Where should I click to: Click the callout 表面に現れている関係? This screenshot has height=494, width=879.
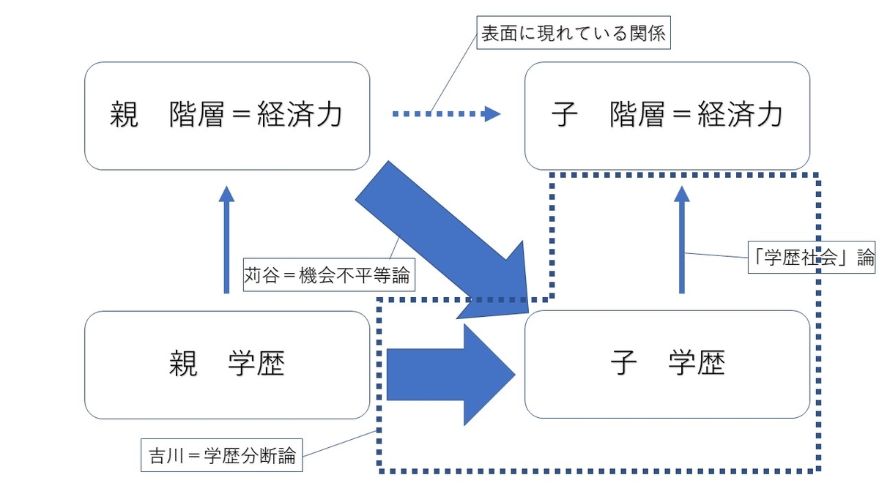pos(574,34)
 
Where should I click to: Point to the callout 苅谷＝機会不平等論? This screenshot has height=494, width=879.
pos(329,277)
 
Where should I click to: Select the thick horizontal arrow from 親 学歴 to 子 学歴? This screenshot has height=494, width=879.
pos(447,374)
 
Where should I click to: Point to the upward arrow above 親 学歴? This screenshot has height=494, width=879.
pos(226,240)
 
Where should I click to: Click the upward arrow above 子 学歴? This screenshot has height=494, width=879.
pos(682,240)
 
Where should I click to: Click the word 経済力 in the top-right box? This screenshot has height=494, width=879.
pos(739,115)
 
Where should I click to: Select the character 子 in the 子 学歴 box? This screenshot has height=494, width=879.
pos(622,364)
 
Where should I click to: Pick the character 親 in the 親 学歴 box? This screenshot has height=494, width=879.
pos(183,364)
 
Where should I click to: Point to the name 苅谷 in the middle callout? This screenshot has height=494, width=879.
pos(261,277)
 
